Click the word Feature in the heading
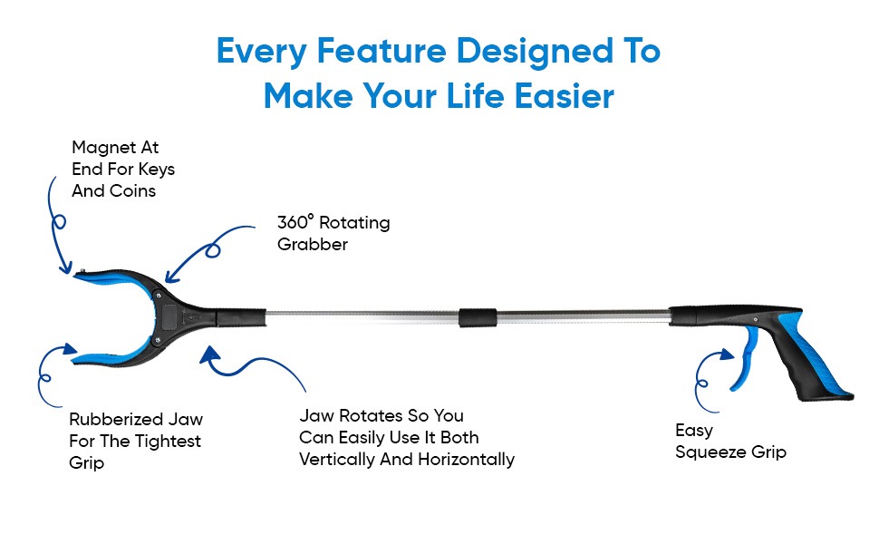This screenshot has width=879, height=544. (369, 52)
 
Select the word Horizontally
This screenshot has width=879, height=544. (466, 460)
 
